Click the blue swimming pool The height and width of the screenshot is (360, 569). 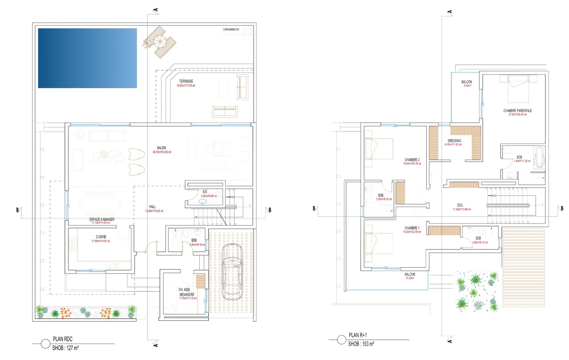(87, 58)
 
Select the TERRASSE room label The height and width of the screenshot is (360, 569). (186, 81)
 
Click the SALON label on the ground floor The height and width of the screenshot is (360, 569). (161, 148)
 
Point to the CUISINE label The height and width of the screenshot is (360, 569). (101, 237)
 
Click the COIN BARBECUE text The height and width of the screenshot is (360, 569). (231, 29)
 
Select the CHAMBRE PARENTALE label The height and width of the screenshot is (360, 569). (517, 111)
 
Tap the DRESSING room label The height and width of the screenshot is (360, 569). (454, 141)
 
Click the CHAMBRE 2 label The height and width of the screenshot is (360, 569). (412, 160)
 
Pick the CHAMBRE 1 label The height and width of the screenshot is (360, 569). (412, 228)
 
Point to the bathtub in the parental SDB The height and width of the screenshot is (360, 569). (540, 157)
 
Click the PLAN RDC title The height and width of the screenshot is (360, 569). (63, 339)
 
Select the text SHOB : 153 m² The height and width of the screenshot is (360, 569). (361, 344)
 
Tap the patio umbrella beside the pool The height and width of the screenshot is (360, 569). (159, 42)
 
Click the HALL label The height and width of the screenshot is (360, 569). (152, 207)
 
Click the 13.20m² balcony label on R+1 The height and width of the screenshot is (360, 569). (410, 275)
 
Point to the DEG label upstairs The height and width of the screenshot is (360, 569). (460, 205)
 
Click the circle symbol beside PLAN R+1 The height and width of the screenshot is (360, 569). (341, 340)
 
